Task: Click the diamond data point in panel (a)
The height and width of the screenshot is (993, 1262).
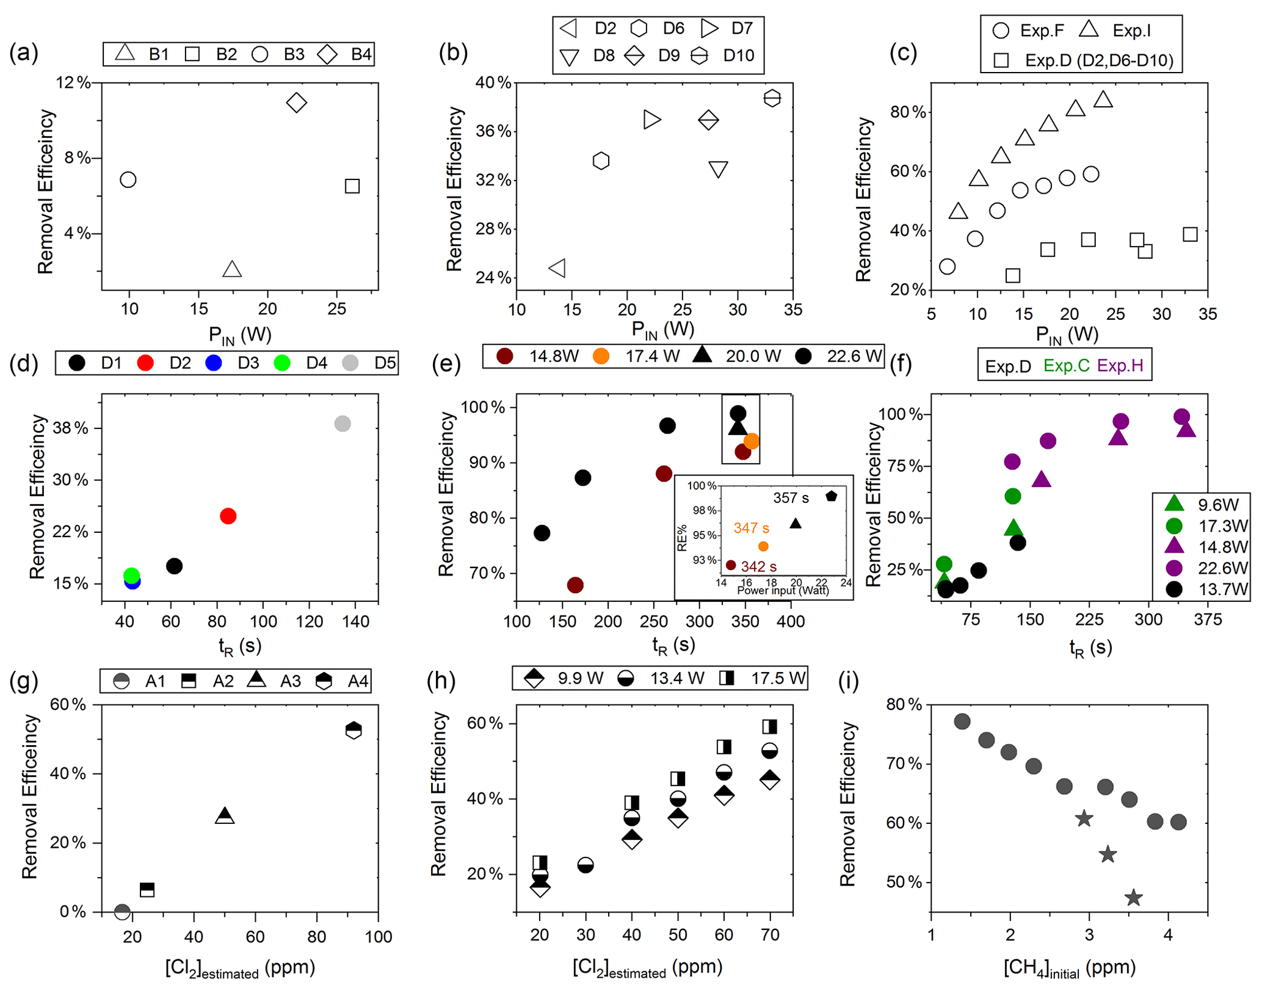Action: tap(296, 103)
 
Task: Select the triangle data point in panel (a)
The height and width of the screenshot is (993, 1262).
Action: tap(232, 269)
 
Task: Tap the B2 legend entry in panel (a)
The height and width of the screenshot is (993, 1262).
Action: tap(226, 54)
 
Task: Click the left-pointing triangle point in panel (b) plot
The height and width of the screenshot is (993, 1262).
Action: tap(557, 267)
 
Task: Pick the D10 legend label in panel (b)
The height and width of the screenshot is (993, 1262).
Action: tap(738, 56)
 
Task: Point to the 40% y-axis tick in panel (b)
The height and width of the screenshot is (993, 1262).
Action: tap(493, 82)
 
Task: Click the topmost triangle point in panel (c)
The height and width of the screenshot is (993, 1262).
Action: tap(1103, 99)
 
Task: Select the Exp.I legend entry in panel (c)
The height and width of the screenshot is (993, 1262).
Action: tap(1131, 31)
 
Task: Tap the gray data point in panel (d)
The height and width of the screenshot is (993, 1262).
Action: tap(343, 424)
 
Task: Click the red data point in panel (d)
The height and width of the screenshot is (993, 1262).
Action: tap(228, 516)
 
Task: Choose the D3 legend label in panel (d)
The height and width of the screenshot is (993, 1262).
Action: tap(248, 363)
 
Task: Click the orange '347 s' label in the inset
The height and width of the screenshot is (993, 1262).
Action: tap(751, 527)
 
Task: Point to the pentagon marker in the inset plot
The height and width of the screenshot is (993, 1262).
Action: tap(831, 496)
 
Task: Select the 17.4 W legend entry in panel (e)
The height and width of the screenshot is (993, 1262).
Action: tap(652, 356)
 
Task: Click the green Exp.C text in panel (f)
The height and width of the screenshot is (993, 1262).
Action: tap(1066, 366)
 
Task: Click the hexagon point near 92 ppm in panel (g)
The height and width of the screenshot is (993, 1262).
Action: tap(354, 730)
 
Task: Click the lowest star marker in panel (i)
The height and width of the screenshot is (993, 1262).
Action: tap(1133, 898)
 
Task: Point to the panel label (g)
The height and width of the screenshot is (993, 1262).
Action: tap(23, 681)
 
